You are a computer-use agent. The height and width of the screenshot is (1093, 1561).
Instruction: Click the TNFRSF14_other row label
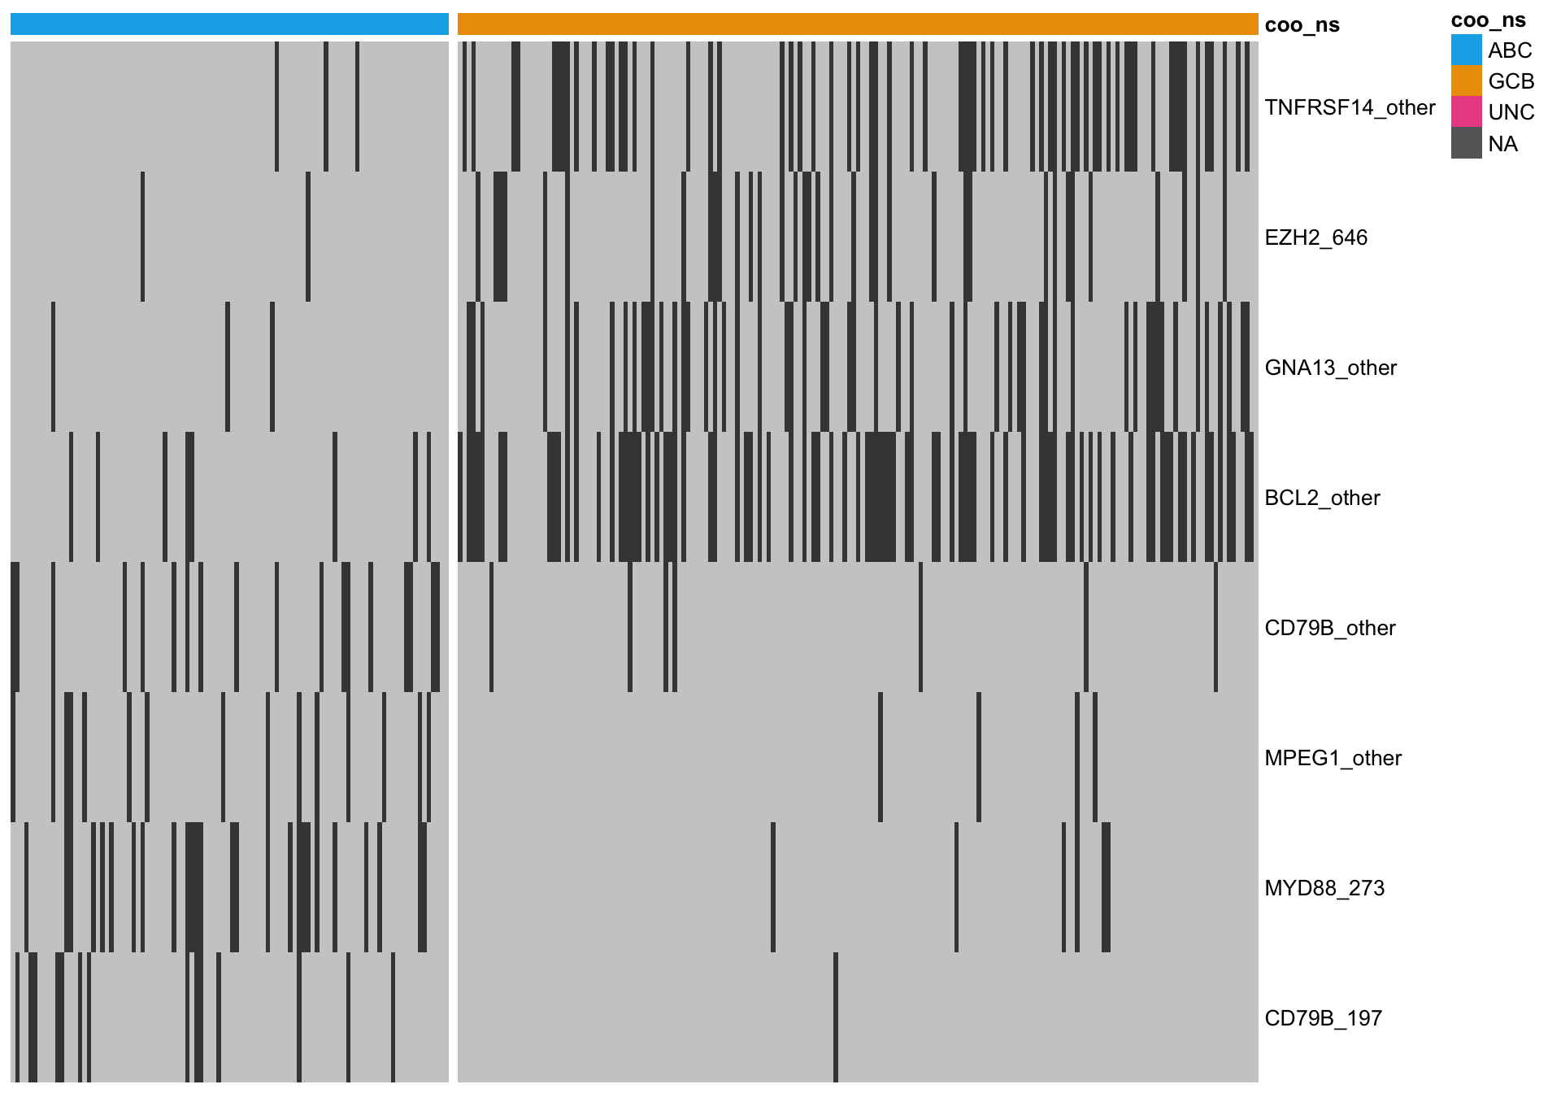point(1350,107)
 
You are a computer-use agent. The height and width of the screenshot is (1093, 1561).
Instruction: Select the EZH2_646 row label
point(1315,237)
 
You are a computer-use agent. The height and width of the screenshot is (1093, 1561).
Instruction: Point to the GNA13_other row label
point(1330,368)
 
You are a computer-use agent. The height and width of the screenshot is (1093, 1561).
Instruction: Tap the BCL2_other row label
point(1322,498)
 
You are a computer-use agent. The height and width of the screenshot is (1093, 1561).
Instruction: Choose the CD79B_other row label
point(1329,628)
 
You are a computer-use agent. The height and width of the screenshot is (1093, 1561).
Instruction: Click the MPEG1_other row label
point(1333,758)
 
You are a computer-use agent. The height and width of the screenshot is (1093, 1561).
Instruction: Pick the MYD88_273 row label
point(1324,888)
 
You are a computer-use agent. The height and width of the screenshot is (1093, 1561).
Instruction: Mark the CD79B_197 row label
point(1323,1018)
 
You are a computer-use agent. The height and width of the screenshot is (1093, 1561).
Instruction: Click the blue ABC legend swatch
point(1466,50)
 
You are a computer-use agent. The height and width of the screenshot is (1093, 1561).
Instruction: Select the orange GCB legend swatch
point(1466,81)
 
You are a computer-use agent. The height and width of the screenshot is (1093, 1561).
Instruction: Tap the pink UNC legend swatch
point(1466,111)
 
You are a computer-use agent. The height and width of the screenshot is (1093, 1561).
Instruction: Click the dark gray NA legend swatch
point(1466,143)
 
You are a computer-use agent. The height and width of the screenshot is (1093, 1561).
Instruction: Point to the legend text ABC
point(1510,50)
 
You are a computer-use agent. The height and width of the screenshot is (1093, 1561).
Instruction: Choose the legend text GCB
point(1511,81)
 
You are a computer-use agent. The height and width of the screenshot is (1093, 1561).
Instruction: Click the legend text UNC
point(1511,112)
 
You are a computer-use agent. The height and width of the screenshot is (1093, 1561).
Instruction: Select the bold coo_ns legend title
point(1489,20)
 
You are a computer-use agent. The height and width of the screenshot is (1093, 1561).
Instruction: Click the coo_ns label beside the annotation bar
point(1302,25)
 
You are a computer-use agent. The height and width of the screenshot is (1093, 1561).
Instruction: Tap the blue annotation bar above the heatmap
point(229,24)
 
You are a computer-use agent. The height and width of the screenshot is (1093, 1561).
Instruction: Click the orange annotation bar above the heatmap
point(858,24)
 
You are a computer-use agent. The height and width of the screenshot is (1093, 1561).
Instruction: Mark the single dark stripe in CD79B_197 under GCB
point(836,1017)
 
